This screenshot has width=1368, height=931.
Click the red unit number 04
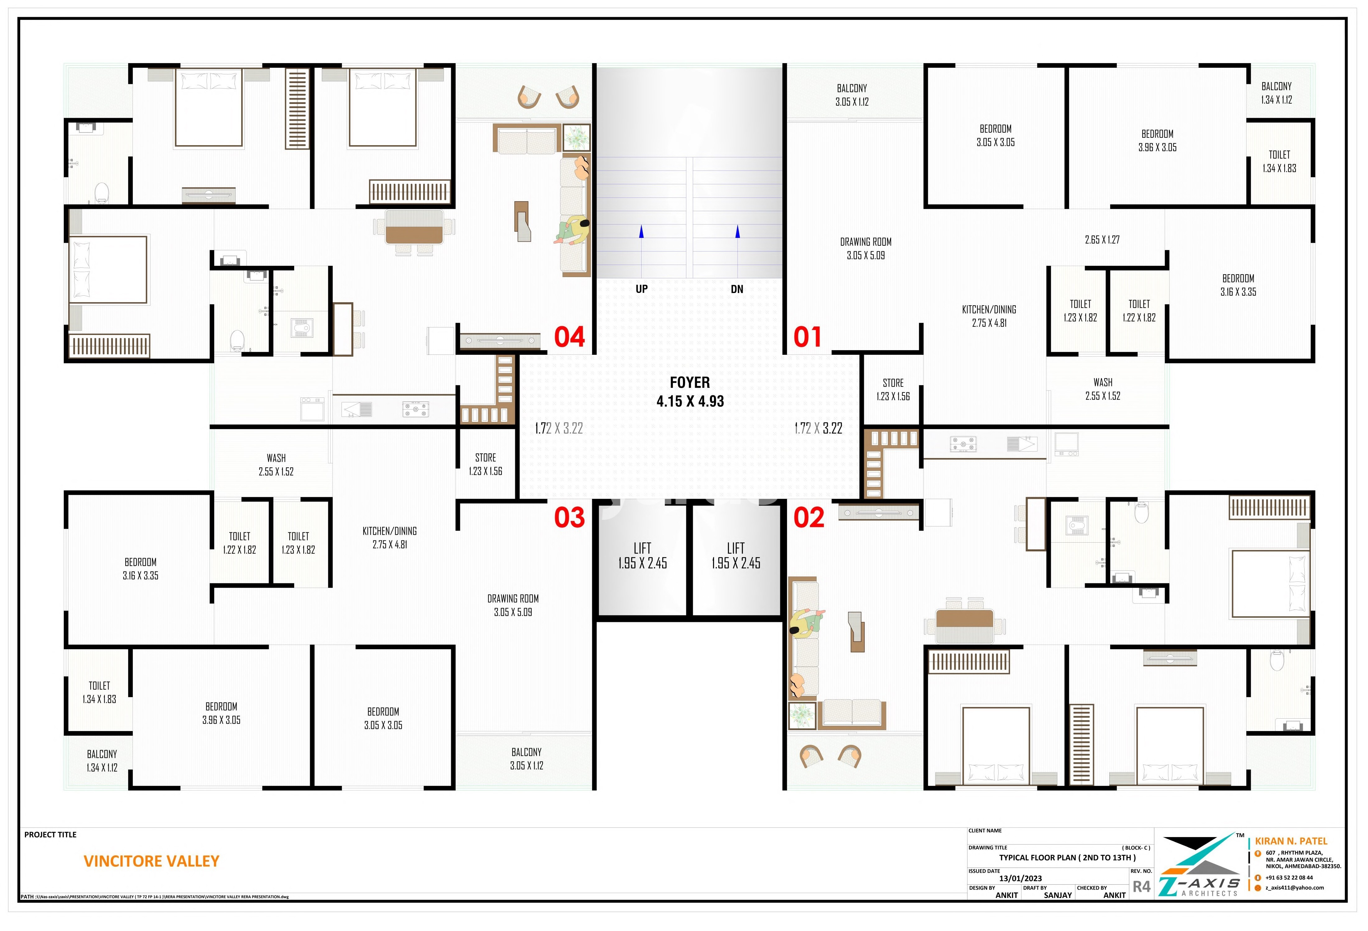(x=569, y=337)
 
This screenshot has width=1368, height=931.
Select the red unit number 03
(x=569, y=518)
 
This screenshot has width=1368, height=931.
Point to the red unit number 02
(x=809, y=518)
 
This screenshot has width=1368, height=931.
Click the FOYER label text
(x=690, y=382)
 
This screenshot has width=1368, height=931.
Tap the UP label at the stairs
(x=642, y=289)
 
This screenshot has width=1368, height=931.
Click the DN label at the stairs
(x=737, y=289)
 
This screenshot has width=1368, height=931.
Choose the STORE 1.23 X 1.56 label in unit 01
(x=893, y=390)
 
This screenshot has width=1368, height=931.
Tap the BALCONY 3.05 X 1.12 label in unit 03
(x=527, y=758)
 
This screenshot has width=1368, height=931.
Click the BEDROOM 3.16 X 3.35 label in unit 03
(x=141, y=568)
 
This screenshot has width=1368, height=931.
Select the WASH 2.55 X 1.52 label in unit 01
(x=1103, y=389)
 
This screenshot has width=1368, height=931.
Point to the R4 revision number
(x=1141, y=886)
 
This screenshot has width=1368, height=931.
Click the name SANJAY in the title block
(x=1058, y=895)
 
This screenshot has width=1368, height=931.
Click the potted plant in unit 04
(x=576, y=138)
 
